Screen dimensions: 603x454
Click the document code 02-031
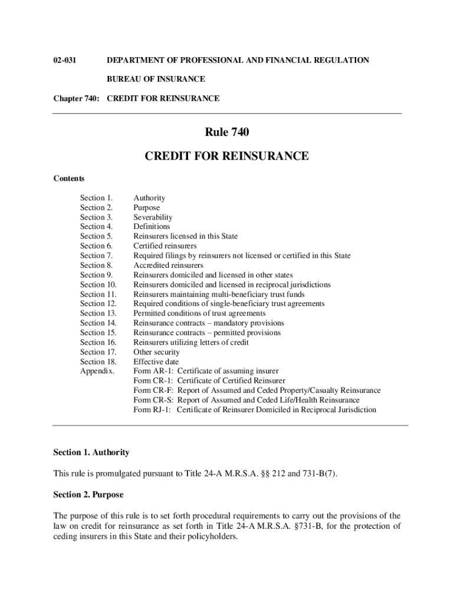tap(65, 60)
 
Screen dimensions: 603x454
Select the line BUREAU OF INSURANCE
tap(156, 79)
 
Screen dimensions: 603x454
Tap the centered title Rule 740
tap(226, 133)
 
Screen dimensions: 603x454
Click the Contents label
tap(69, 178)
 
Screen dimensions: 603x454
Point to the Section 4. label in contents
tap(96, 227)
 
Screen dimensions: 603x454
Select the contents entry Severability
tap(153, 217)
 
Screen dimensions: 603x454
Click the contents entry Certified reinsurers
tap(165, 246)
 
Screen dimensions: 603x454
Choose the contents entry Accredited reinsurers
tap(168, 266)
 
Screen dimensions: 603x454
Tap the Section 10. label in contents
tap(98, 284)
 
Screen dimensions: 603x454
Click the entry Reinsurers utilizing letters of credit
tap(191, 343)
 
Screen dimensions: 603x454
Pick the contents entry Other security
tap(156, 352)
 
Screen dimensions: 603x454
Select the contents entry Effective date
tap(156, 362)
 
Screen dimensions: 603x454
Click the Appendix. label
tap(98, 372)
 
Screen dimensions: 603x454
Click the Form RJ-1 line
tap(255, 410)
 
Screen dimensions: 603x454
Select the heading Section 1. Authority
tap(91, 453)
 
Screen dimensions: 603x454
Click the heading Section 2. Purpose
tap(88, 495)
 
